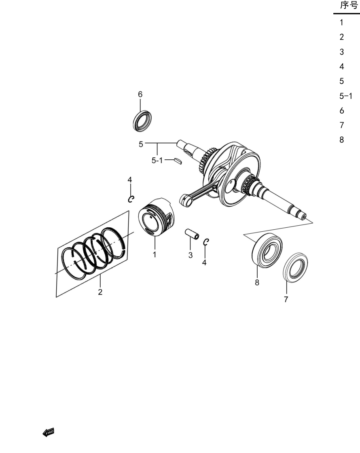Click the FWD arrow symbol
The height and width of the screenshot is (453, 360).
(x=48, y=432)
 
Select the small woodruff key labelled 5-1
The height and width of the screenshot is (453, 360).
(x=178, y=161)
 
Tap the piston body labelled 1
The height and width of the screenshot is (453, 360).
(x=156, y=217)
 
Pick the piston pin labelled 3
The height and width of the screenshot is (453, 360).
(x=192, y=234)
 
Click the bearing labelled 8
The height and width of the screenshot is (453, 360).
(x=267, y=250)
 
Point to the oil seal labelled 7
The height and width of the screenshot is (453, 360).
(x=295, y=267)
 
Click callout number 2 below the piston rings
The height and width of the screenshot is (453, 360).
(x=100, y=292)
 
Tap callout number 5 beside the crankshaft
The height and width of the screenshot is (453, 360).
(x=141, y=144)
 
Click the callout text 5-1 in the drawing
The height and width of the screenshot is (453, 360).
(x=157, y=160)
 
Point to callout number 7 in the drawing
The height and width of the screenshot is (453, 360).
(x=286, y=299)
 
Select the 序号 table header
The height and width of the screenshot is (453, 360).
(x=349, y=5)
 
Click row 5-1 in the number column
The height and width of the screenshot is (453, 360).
(x=346, y=96)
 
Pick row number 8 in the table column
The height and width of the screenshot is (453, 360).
(x=342, y=140)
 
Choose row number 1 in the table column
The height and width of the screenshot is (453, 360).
(x=341, y=22)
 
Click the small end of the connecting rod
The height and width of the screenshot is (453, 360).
(x=185, y=200)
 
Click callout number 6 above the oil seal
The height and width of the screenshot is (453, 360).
(x=140, y=94)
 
